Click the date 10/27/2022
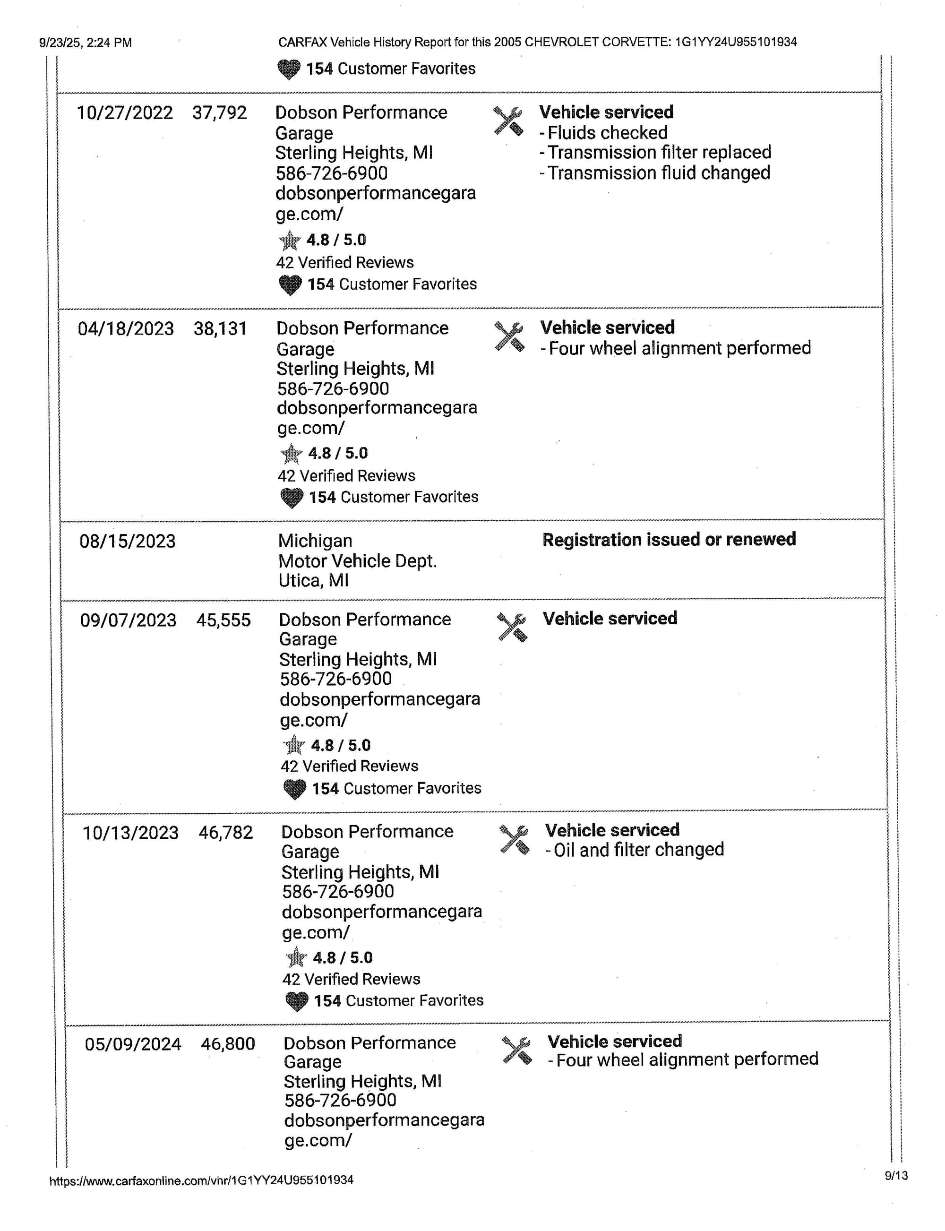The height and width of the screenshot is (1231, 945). pyautogui.click(x=125, y=113)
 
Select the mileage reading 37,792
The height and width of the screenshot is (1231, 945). pyautogui.click(x=219, y=113)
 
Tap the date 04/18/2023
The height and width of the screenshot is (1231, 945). pyautogui.click(x=126, y=329)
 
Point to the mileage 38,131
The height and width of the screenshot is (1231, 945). pyautogui.click(x=221, y=329)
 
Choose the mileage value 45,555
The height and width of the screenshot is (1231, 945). pyautogui.click(x=223, y=620)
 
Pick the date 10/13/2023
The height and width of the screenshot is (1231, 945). pyautogui.click(x=130, y=833)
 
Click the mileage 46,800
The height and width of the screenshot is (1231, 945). pyautogui.click(x=228, y=1044)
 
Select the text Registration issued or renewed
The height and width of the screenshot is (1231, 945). pyautogui.click(x=669, y=540)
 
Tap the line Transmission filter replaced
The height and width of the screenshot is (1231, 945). pyautogui.click(x=655, y=153)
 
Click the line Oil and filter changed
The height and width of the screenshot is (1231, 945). pyautogui.click(x=635, y=850)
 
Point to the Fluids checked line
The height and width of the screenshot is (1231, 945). pyautogui.click(x=603, y=133)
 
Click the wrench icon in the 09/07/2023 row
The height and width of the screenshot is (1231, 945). pyautogui.click(x=512, y=627)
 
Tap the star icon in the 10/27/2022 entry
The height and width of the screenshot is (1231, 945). pyautogui.click(x=290, y=241)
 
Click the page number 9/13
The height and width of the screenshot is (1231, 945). pyautogui.click(x=896, y=1175)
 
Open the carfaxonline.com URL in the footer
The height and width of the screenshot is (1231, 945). pyautogui.click(x=201, y=1180)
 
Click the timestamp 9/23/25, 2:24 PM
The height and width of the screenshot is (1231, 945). pyautogui.click(x=86, y=43)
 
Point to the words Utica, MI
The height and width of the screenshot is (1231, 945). pyautogui.click(x=313, y=581)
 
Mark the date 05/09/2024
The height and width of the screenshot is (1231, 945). pyautogui.click(x=133, y=1044)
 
